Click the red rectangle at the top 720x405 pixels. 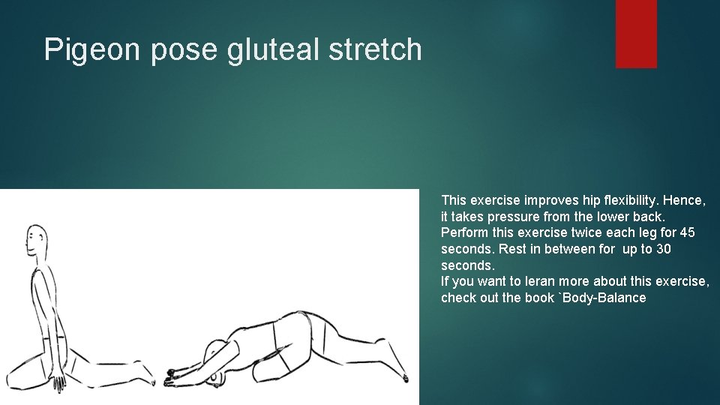coord(636,34)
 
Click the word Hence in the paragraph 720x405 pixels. coord(683,200)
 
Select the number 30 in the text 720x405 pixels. coord(663,249)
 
